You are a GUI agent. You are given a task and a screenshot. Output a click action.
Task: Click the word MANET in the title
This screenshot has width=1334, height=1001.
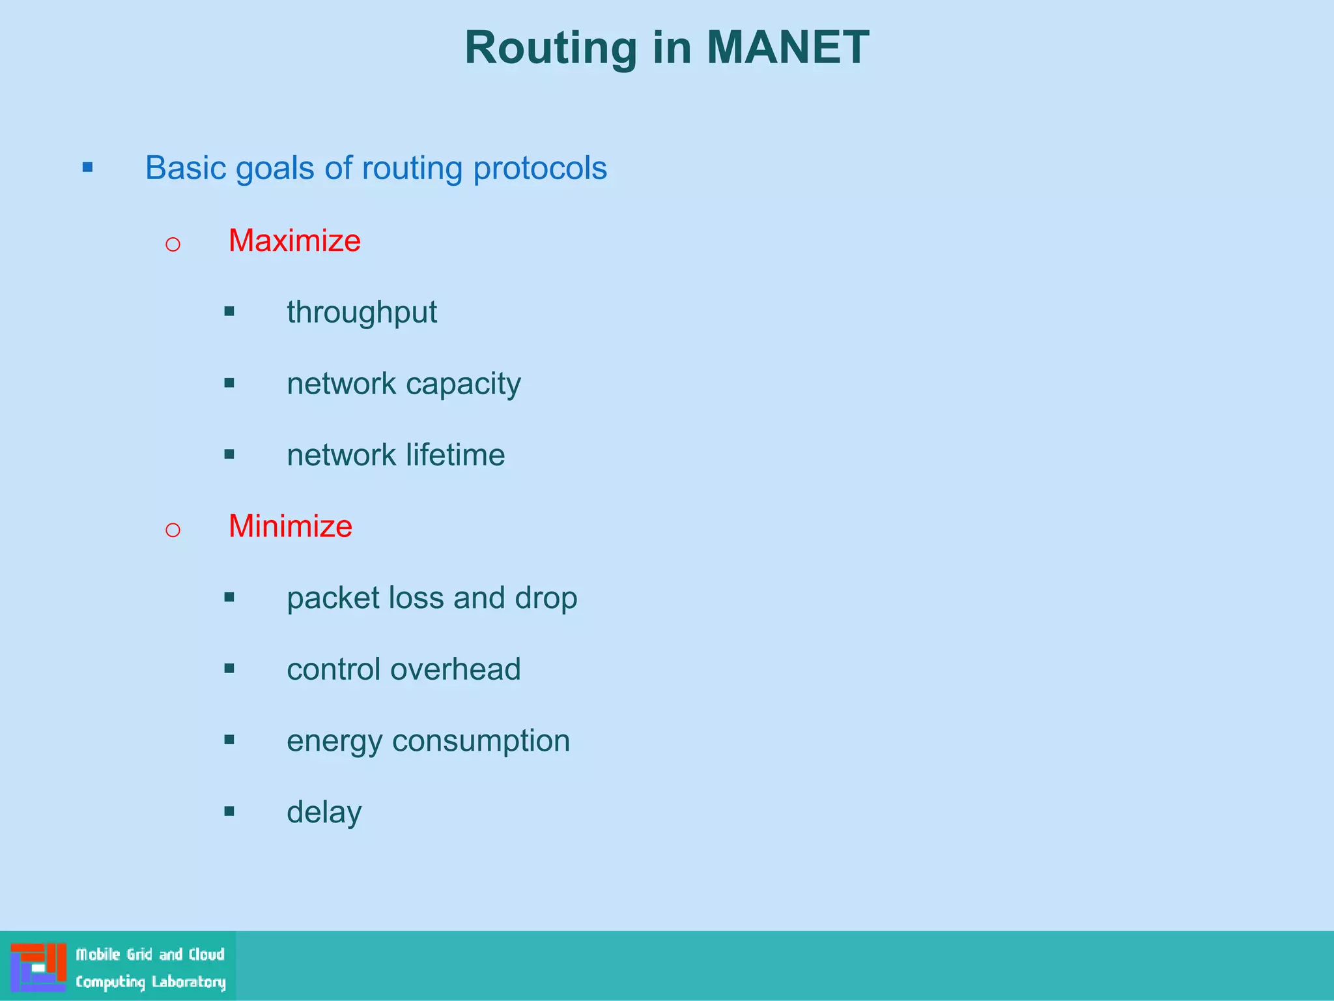pos(788,48)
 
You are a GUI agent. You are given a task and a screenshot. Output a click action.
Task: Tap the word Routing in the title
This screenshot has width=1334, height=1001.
pos(550,48)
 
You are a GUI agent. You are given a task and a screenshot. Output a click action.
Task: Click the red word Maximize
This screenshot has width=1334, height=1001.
pos(294,240)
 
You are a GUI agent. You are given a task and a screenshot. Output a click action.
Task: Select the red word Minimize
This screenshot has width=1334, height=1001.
pos(290,526)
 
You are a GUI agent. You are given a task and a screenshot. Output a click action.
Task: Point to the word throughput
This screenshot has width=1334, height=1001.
pos(362,312)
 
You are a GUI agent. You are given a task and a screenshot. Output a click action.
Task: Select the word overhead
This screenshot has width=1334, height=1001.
pos(464,669)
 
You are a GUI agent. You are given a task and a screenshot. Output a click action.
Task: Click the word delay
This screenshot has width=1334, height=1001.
pos(324,812)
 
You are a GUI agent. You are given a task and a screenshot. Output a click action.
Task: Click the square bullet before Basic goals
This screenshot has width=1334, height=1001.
pos(88,168)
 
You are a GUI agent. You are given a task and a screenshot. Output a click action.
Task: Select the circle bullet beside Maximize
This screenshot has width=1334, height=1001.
pos(173,244)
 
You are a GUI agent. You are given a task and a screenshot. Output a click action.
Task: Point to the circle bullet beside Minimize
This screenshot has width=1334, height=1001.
pos(173,530)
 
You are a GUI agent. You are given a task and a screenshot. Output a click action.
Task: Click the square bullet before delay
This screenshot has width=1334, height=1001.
pos(229,811)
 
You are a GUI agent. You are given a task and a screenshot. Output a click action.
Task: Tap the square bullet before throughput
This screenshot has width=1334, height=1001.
pos(229,312)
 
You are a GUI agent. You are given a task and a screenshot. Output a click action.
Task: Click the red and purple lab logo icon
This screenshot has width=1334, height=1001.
pos(38,967)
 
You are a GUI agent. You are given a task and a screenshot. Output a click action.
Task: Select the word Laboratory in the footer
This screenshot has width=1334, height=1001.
pos(188,981)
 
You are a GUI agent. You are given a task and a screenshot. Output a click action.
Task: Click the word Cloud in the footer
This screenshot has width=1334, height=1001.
pos(206,955)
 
